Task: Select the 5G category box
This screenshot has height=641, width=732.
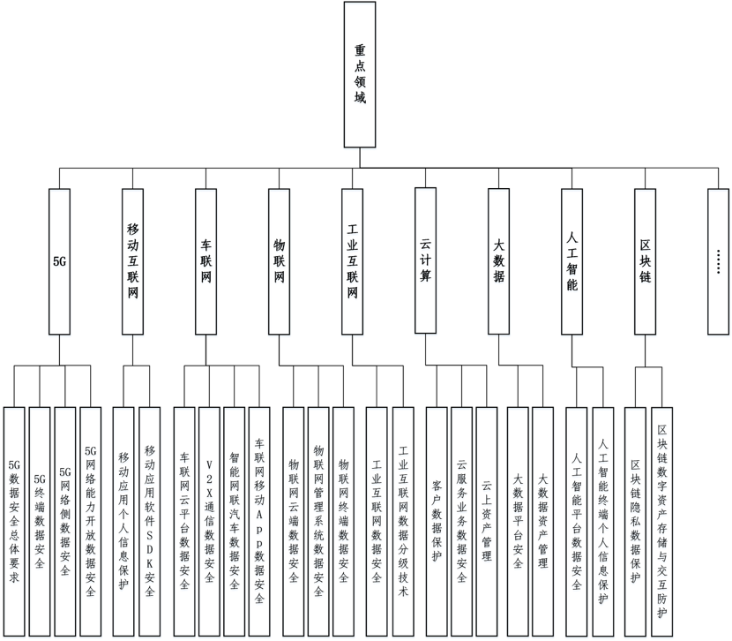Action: (60, 261)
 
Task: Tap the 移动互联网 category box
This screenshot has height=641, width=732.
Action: (131, 261)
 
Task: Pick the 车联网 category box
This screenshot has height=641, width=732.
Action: (206, 261)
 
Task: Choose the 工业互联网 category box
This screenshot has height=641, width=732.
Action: (352, 261)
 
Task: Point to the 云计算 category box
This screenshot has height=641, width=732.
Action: (425, 261)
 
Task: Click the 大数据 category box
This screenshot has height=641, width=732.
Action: (499, 261)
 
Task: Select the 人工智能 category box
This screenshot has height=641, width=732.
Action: (572, 261)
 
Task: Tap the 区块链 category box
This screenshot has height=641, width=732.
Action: (646, 261)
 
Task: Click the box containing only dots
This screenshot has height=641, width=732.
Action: (718, 261)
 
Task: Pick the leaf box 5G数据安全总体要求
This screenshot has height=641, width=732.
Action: (14, 521)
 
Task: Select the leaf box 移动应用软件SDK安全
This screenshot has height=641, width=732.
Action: (149, 521)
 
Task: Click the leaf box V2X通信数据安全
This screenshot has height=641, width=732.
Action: (209, 521)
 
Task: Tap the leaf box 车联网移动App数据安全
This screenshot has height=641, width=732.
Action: (259, 521)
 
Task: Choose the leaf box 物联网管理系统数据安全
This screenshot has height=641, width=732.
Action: (318, 521)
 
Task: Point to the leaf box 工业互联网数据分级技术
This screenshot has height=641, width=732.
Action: (403, 521)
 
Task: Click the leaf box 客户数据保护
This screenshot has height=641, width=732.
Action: (437, 521)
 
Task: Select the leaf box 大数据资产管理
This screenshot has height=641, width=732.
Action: (542, 521)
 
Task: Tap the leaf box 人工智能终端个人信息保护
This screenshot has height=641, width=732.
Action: (603, 521)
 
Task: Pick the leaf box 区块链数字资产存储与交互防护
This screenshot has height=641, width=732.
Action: (662, 521)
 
